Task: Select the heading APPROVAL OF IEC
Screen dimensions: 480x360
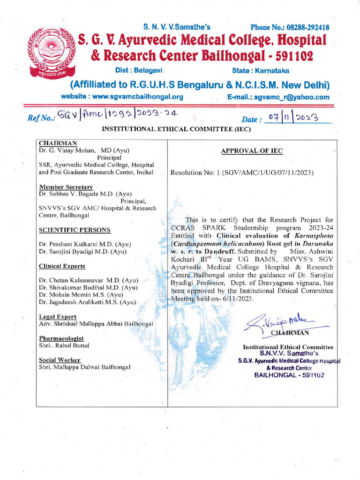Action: pos(252,150)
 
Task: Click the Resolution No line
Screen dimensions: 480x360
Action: pos(242,172)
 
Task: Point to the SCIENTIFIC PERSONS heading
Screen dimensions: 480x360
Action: pos(75,230)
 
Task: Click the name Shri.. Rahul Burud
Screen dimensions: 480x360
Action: pos(64,345)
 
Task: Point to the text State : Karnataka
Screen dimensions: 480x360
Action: pos(261,70)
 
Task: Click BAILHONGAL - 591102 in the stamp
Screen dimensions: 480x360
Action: pos(289,375)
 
